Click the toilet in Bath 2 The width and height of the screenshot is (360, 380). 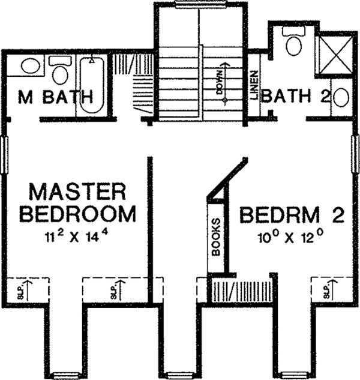(x=294, y=44)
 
